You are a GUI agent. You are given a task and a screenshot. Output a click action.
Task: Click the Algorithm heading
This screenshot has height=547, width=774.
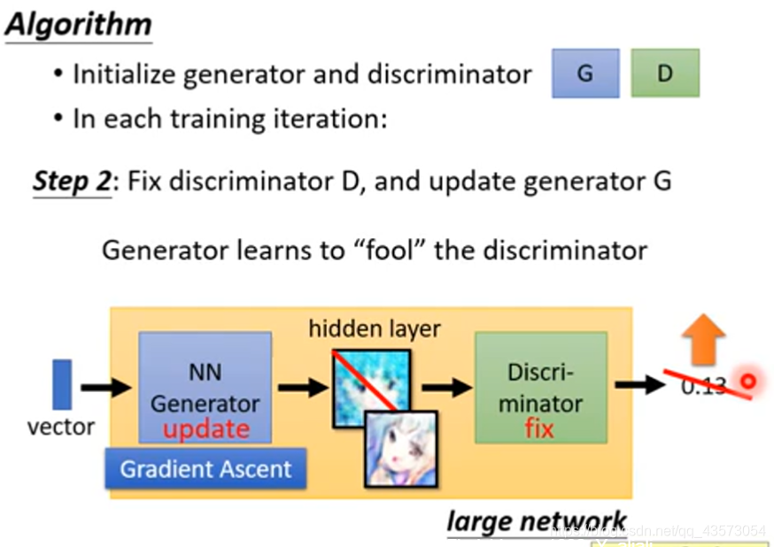point(78,24)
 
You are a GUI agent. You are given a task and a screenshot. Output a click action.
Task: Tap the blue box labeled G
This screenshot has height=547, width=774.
point(584,73)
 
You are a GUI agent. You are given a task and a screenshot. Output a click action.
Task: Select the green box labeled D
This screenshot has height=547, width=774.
point(664,73)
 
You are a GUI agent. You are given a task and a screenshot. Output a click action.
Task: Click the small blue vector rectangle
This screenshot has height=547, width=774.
point(62,384)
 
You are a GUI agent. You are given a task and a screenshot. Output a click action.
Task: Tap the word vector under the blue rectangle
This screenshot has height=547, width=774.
point(61,427)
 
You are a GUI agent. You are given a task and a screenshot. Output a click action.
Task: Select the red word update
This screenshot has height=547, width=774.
point(206,429)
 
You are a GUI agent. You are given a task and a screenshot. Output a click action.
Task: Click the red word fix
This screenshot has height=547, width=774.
point(538,429)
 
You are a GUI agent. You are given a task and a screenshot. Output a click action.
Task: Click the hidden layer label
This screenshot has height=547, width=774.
point(375,330)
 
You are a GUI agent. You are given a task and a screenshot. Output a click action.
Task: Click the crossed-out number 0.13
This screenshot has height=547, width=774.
point(704,386)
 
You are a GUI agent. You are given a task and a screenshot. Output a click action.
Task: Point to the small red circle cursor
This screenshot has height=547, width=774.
point(748,383)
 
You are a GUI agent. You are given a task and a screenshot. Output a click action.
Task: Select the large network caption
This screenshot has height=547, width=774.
point(537,521)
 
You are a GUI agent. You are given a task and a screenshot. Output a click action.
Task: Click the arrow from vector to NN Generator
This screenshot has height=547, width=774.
point(104,387)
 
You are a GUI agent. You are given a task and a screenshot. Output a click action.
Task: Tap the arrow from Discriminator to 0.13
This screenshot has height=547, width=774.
point(639,385)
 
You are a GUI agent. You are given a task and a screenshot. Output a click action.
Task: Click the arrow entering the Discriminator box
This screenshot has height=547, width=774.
point(446,387)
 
